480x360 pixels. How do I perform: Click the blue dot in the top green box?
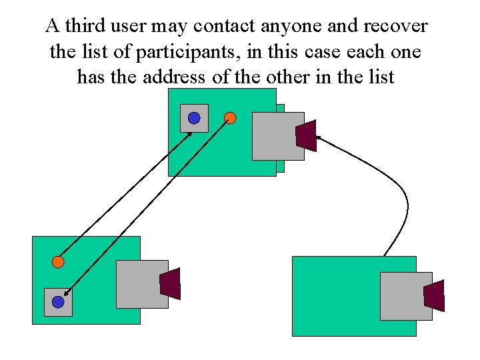pyautogui.click(x=193, y=118)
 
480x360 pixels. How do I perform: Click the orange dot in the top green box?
pyautogui.click(x=230, y=118)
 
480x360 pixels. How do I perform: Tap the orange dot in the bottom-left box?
pyautogui.click(x=58, y=262)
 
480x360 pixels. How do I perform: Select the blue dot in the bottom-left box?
pyautogui.click(x=58, y=302)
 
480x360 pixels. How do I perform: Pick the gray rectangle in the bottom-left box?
pyautogui.click(x=140, y=284)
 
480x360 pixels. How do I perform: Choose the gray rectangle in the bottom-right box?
pyautogui.click(x=404, y=296)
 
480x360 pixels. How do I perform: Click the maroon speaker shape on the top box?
pyautogui.click(x=306, y=136)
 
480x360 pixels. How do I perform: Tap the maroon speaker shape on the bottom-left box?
pyautogui.click(x=171, y=283)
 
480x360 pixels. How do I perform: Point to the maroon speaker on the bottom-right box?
pyautogui.click(x=434, y=295)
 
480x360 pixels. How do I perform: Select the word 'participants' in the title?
pyautogui.click(x=195, y=52)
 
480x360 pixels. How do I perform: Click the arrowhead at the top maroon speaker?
pyautogui.click(x=318, y=137)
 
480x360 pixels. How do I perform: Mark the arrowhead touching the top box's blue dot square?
pyautogui.click(x=190, y=133)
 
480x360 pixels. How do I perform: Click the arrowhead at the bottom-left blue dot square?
pyautogui.click(x=67, y=293)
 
